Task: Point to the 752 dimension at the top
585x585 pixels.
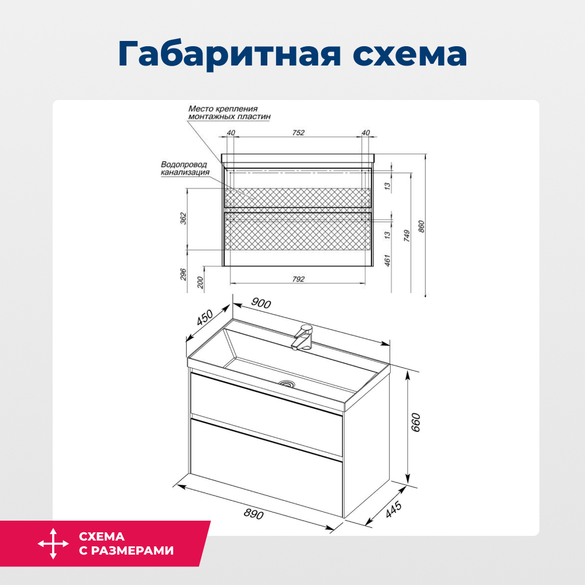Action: pyautogui.click(x=298, y=133)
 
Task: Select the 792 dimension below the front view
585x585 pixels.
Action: pyautogui.click(x=298, y=279)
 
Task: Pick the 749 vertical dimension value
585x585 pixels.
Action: pyautogui.click(x=405, y=236)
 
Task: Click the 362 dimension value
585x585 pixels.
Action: pyautogui.click(x=183, y=219)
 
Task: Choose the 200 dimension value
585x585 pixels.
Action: pyautogui.click(x=201, y=281)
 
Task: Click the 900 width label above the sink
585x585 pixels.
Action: pyautogui.click(x=261, y=302)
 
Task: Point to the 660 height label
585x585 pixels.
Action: pyautogui.click(x=416, y=422)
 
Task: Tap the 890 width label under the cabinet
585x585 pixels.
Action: pyautogui.click(x=253, y=514)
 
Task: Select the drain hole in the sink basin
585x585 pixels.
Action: pyautogui.click(x=287, y=384)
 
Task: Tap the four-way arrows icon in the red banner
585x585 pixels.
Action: pyautogui.click(x=53, y=543)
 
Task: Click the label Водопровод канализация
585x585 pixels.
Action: pyautogui.click(x=185, y=168)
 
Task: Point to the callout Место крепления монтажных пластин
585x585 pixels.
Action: pyautogui.click(x=229, y=112)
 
